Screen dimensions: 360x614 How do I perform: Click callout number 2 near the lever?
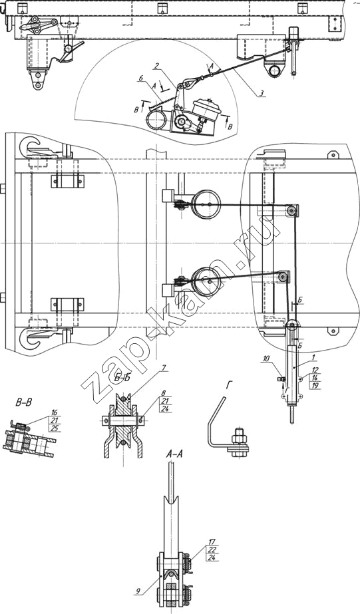156,67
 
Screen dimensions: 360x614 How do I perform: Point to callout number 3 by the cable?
260,93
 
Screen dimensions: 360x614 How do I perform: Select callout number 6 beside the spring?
140,78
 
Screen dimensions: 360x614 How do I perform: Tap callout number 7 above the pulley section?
164,368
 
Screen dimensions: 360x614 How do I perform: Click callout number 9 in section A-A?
138,593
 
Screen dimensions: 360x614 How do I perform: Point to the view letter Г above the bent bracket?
228,386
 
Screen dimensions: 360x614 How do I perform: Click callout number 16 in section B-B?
55,412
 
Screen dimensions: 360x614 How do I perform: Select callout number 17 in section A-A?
212,542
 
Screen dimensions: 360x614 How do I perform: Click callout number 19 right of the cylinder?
315,386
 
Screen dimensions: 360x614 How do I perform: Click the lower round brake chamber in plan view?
209,280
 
